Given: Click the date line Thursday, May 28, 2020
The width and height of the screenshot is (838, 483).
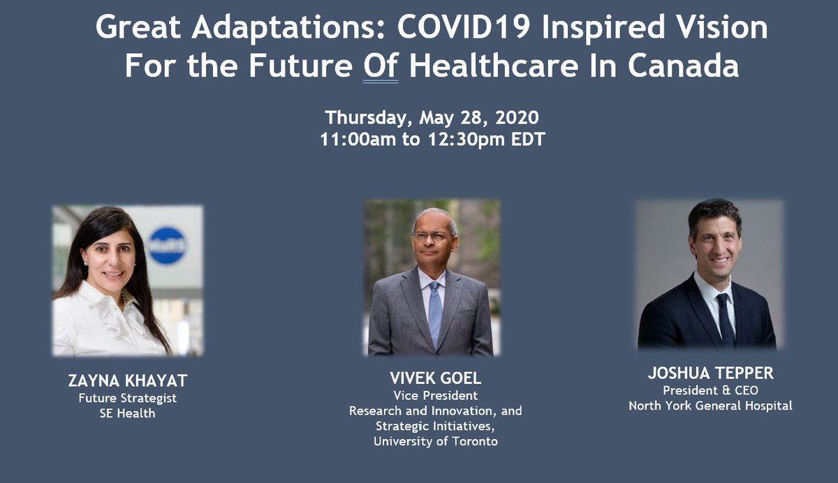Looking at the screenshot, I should click(432, 117).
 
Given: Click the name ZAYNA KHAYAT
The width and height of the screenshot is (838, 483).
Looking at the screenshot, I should click(127, 381).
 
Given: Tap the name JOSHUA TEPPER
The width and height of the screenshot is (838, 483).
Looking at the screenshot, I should click(710, 373).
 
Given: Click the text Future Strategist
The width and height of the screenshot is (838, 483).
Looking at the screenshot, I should click(127, 399).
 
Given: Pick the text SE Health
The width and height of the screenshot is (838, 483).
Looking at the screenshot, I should click(127, 414).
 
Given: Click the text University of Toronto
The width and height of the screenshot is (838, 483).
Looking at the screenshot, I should click(435, 441).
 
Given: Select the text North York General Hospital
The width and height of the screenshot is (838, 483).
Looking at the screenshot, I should click(710, 406).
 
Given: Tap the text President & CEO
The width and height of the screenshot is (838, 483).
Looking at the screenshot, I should click(710, 390).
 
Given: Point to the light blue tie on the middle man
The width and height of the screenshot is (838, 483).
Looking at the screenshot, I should click(434, 311).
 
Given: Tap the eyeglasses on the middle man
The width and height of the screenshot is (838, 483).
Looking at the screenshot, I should click(431, 237).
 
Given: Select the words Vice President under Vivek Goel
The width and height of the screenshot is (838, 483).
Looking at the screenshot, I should click(435, 395).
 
